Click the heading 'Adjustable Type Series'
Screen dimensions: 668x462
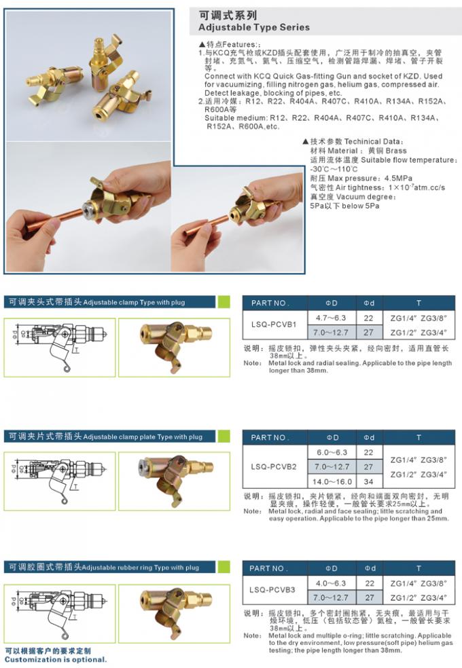click(x=253, y=28)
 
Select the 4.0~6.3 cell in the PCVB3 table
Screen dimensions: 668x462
click(x=331, y=582)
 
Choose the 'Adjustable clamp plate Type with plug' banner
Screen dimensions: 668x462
click(x=105, y=437)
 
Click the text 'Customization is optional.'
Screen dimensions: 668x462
click(x=56, y=658)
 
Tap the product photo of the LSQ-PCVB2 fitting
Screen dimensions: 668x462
click(x=166, y=471)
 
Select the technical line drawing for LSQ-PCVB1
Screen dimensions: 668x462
click(x=60, y=337)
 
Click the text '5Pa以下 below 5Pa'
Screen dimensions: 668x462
click(x=344, y=205)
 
